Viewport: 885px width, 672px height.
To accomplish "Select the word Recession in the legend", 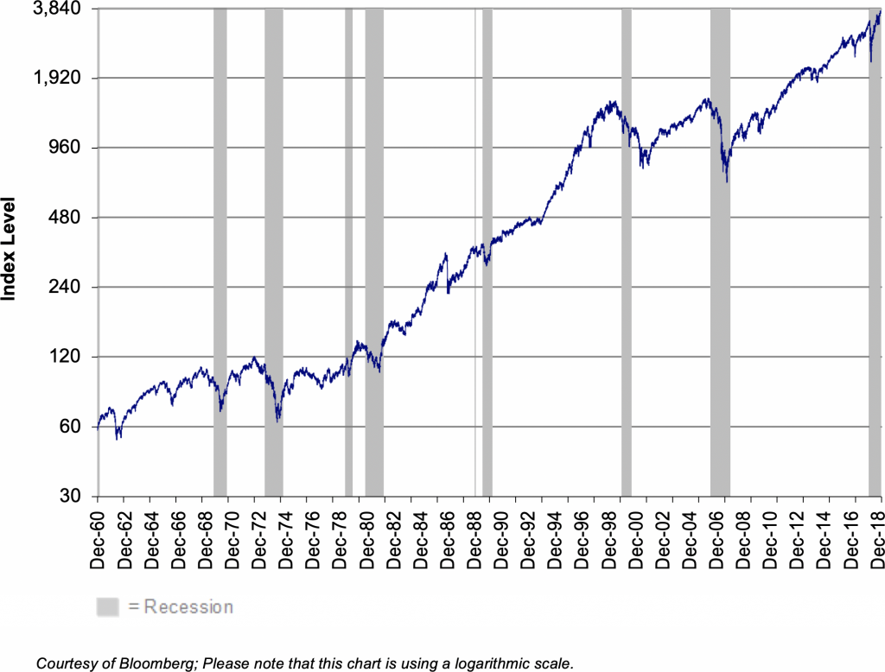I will [x=188, y=607].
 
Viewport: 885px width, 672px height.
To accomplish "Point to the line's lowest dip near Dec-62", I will [x=118, y=438].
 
